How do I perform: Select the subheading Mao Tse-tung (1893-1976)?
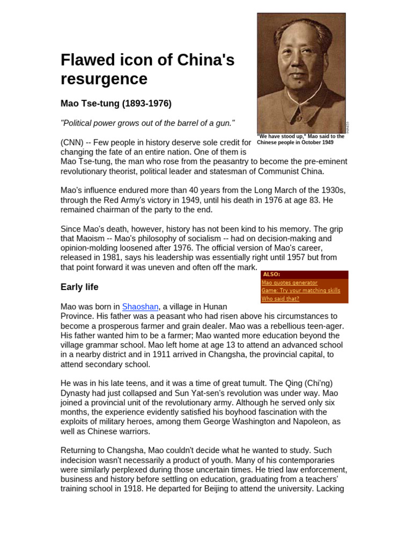(116, 103)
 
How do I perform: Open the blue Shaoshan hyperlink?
(140, 307)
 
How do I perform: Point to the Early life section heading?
(79, 287)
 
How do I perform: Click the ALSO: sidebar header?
(271, 274)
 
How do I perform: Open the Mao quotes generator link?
(289, 283)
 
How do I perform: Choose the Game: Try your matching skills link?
(300, 291)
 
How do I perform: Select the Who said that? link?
(280, 299)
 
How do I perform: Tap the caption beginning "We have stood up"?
(300, 139)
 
